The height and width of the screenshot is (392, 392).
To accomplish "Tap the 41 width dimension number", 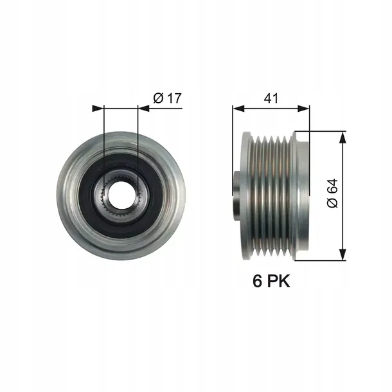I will tap(271, 98).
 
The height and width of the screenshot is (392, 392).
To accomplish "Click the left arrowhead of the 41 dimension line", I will tap(237, 108).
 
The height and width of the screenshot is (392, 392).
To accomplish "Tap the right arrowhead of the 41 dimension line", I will tap(305, 108).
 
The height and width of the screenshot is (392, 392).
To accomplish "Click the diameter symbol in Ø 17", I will tap(159, 98).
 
